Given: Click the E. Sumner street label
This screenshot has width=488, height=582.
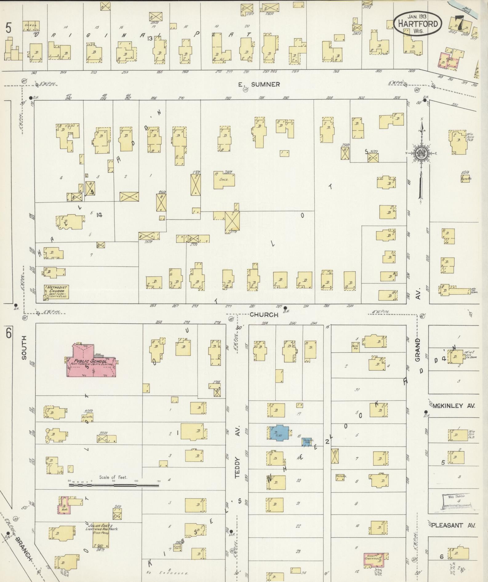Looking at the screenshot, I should coord(259,84).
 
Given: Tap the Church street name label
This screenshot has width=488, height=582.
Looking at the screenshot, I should coord(264,315).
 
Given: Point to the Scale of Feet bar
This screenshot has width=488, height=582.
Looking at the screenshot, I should coord(114,485).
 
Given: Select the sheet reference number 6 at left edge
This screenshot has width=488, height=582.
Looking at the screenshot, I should coord(8,333).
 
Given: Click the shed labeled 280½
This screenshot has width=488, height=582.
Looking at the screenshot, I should coord(224,180).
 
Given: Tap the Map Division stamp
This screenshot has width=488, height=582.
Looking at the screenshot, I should coord(456,506).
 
